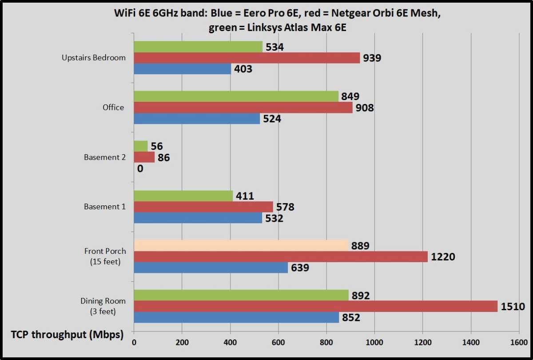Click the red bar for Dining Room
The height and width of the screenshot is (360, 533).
click(x=315, y=306)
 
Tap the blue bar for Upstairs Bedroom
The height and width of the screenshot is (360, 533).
click(x=182, y=69)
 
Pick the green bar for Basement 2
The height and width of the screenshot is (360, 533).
click(x=140, y=146)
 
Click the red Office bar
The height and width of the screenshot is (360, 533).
click(x=243, y=108)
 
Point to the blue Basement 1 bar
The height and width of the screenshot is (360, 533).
click(x=198, y=218)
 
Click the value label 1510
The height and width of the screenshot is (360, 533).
click(x=513, y=306)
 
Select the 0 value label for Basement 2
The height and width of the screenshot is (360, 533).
click(x=140, y=168)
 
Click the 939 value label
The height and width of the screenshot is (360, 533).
click(x=372, y=58)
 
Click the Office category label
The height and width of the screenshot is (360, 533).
click(x=113, y=108)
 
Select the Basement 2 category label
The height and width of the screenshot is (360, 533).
click(x=105, y=157)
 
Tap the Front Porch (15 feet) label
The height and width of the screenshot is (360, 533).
click(x=105, y=256)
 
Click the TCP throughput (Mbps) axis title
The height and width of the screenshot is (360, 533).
click(x=68, y=335)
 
